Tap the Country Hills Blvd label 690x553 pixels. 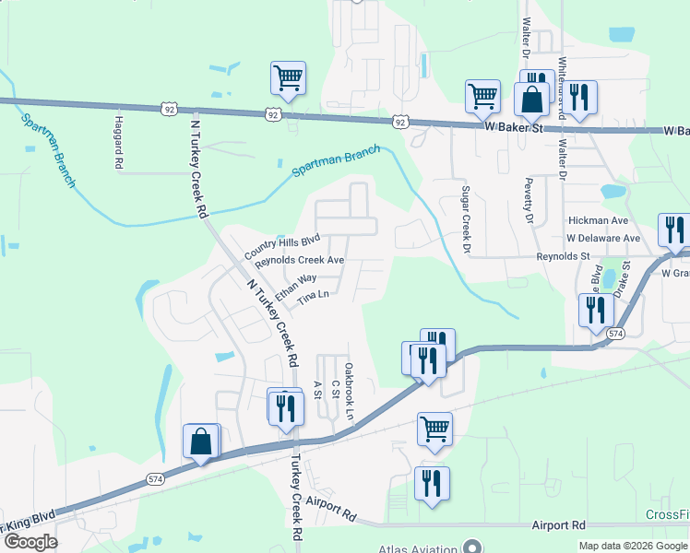281,246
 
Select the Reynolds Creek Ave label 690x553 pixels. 300,261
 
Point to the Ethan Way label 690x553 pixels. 295,280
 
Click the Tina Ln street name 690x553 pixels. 314,297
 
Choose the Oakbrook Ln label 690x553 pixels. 349,392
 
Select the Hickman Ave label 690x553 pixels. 598,221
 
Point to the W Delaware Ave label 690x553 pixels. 602,238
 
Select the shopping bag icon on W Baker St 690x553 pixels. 532,99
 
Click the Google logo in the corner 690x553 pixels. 30,543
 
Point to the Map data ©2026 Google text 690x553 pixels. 633,546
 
